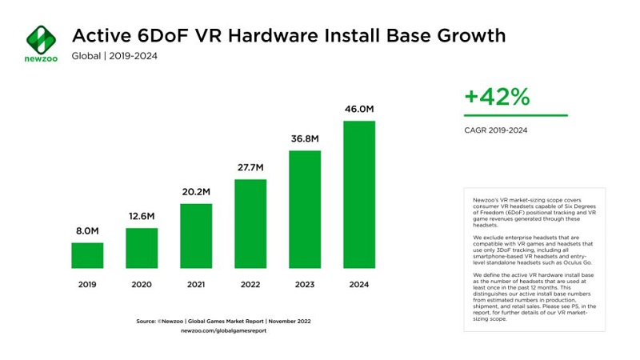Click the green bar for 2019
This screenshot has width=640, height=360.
tap(87, 255)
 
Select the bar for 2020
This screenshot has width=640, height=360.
tap(142, 248)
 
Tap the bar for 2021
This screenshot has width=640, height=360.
tap(196, 236)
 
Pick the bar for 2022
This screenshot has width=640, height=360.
tap(250, 223)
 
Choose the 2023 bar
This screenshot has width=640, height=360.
tap(305, 209)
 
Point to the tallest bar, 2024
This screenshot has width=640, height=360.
tap(359, 194)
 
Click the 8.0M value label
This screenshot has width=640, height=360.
tap(87, 231)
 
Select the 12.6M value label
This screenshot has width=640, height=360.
tap(142, 217)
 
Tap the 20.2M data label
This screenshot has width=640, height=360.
tap(196, 192)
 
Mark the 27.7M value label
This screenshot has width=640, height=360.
tap(250, 167)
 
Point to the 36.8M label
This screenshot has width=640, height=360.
tap(305, 138)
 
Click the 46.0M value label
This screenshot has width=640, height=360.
tap(359, 110)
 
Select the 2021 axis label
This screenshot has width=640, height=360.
tap(196, 284)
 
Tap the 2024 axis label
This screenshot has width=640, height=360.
tap(359, 284)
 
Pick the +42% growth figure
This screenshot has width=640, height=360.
tap(497, 98)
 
